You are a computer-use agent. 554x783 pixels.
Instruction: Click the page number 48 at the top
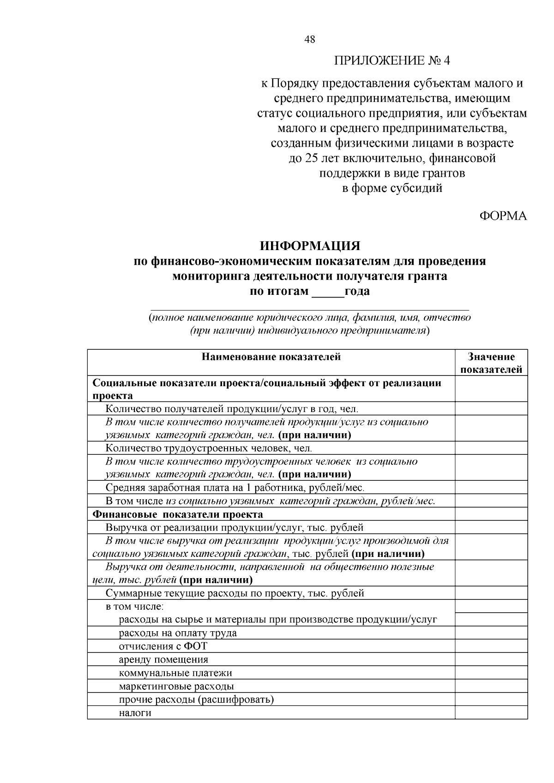[x=310, y=40]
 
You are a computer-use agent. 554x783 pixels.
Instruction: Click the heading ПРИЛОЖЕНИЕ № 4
[x=391, y=61]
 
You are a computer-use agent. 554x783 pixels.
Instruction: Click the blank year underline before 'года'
[x=328, y=293]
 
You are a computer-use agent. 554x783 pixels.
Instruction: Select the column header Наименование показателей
[x=271, y=357]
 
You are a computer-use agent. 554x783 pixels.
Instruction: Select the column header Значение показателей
[x=491, y=363]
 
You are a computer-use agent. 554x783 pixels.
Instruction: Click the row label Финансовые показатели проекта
[x=178, y=514]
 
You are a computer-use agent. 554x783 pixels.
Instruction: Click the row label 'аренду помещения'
[x=163, y=660]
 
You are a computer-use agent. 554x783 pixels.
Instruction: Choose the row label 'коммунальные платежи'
[x=175, y=673]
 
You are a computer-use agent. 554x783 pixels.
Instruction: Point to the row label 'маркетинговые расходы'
[x=176, y=687]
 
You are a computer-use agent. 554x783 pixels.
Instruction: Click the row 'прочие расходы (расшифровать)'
[x=196, y=699]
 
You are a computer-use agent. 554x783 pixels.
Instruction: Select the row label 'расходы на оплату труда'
[x=178, y=633]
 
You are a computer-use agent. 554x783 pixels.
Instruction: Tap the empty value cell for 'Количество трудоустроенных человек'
[x=491, y=448]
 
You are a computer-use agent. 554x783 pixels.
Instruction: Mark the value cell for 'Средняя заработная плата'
[x=491, y=488]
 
